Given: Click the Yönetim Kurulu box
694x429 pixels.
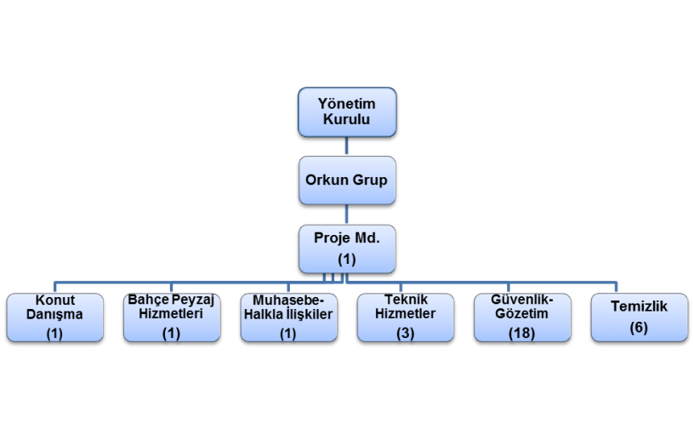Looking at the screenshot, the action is coord(347,112).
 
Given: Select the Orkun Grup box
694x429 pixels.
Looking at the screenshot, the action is coord(347,180).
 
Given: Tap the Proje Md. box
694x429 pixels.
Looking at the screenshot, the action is coord(347,249).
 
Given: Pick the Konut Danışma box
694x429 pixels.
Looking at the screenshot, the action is coord(55,317).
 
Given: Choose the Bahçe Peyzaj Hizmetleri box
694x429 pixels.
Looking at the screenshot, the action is coord(172,317).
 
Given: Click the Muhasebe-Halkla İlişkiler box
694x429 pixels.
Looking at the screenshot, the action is coord(288,317).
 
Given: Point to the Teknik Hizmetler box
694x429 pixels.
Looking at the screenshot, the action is coord(406,317).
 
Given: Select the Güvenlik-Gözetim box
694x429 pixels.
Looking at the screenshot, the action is coord(522,317).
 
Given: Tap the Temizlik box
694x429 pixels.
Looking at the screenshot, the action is coord(639,317).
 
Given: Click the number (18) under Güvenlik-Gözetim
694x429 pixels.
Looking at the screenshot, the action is coord(522,334).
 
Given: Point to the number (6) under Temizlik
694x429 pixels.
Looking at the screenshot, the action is coord(639,328).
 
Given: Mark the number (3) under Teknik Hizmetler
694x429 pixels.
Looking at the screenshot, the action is coord(405,334).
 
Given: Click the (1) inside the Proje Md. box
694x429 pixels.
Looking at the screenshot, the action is coord(347,260).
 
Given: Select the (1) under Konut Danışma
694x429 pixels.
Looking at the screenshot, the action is coord(54,334).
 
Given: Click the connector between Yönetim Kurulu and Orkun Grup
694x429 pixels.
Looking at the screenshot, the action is coord(346,146).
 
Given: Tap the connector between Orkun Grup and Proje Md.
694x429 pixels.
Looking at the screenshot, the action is coord(346,214).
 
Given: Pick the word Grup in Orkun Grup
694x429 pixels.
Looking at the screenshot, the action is coord(370,180).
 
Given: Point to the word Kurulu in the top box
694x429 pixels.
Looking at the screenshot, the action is coord(346,119).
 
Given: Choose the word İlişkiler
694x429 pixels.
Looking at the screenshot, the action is coord(310,314).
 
